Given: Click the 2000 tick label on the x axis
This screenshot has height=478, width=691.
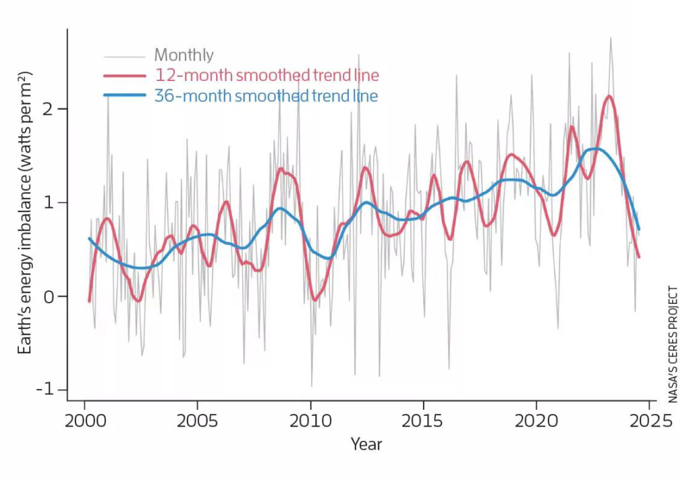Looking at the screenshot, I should (84, 421).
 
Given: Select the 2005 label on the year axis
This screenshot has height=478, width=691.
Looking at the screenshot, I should (197, 421).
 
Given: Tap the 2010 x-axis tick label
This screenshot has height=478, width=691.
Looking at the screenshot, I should (310, 421).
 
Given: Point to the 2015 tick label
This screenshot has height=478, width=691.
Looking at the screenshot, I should (423, 421).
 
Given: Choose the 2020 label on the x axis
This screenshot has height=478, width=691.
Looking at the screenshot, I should (536, 421).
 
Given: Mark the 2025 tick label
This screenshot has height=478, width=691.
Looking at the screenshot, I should (648, 421).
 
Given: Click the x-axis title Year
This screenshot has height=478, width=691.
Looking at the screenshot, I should (366, 444).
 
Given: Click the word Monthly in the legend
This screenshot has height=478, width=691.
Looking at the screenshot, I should (184, 55).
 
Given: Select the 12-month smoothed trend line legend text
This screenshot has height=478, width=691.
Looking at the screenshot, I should (267, 75).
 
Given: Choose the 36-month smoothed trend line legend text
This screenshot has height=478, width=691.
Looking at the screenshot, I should (266, 95).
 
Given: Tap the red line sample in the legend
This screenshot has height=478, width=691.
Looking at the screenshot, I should (125, 76).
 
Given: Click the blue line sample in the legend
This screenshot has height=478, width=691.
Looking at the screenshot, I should (125, 96).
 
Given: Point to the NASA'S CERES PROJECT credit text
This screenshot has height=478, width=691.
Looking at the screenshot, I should (673, 345).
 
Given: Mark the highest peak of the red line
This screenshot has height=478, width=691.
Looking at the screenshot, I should (609, 96).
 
